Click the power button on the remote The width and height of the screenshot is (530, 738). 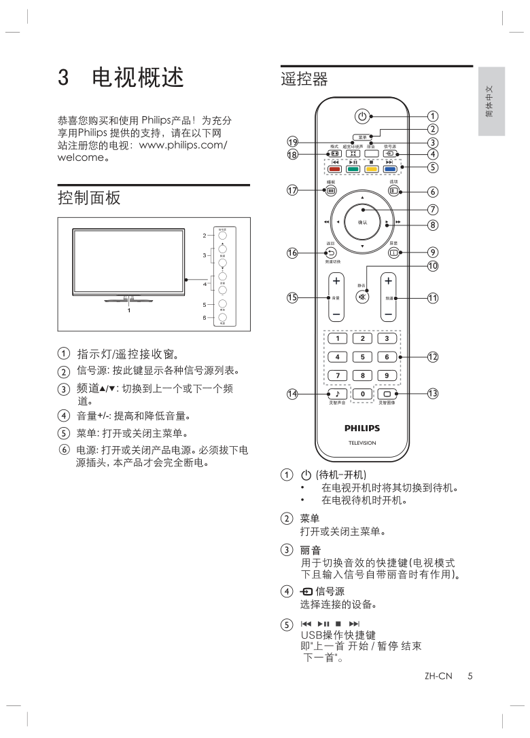[x=362, y=115]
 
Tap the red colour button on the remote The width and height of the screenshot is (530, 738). [x=335, y=169]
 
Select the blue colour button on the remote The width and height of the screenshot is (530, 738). [x=390, y=169]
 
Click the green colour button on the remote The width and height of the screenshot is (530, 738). [x=353, y=169]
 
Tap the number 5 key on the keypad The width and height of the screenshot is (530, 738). [x=362, y=356]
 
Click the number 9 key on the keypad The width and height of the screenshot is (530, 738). [x=387, y=375]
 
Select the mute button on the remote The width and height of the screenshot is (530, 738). [x=362, y=297]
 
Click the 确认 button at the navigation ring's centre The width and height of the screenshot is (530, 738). [x=362, y=222]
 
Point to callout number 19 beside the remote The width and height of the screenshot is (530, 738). [x=292, y=142]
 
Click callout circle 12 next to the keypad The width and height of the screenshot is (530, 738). [x=432, y=357]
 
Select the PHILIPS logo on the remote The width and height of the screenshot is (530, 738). [x=361, y=428]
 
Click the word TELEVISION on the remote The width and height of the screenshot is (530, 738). [x=361, y=443]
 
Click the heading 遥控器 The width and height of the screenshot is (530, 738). [x=304, y=80]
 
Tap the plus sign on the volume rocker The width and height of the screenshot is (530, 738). [x=336, y=280]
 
